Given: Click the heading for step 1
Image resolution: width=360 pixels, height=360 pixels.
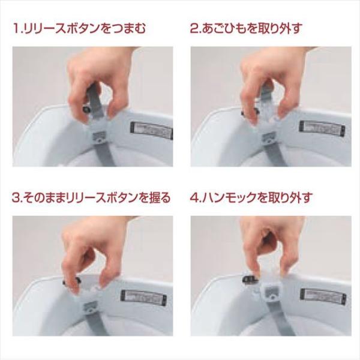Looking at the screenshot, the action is point(79,29).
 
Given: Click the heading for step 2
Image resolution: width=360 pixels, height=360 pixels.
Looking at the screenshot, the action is point(245,29).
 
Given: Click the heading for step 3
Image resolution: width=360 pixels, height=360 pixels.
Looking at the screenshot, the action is point(92,197).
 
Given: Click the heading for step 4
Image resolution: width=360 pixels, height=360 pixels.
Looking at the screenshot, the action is point(251,197).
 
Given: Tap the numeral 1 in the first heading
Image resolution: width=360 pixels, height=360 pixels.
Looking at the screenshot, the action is point(16,29).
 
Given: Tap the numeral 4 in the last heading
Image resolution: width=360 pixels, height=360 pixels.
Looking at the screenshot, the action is point(194,198).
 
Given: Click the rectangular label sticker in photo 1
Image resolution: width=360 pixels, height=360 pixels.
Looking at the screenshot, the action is point(152,130).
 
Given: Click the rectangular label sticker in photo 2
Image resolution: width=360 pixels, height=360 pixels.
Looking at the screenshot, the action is point(322,129).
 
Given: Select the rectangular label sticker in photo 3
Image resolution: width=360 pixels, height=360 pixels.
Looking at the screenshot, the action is point(144,298).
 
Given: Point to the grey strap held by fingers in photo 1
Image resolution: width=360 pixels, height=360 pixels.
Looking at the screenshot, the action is point(95,99).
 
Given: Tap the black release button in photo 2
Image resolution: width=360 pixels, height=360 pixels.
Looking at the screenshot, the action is point(250,112).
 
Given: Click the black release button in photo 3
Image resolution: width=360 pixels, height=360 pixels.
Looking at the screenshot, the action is point(71,281).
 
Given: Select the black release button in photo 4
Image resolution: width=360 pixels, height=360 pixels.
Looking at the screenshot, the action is point(250,280).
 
